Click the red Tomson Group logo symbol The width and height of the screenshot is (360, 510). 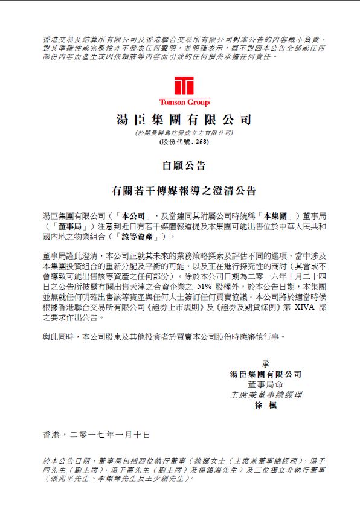[x=184, y=86]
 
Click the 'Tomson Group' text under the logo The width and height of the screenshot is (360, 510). [x=184, y=103]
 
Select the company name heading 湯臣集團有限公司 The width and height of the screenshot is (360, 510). [x=184, y=119]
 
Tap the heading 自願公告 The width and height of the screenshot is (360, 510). [x=184, y=165]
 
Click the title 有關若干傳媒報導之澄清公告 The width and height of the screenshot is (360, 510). [x=184, y=191]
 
